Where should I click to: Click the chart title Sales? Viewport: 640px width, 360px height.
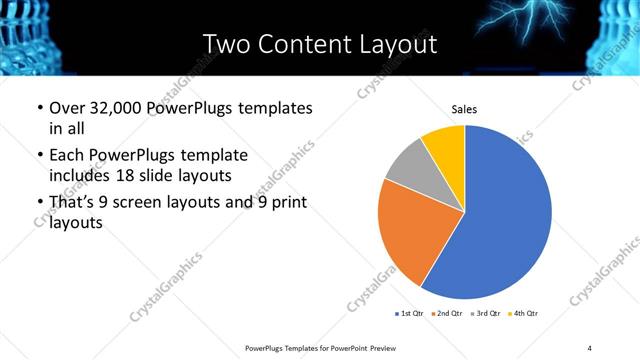click(x=464, y=108)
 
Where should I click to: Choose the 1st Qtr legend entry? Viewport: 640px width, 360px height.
click(x=410, y=314)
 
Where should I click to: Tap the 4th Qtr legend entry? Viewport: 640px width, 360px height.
click(x=526, y=314)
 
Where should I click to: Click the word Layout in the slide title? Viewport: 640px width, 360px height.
click(x=394, y=45)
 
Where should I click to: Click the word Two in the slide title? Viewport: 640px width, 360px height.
click(x=226, y=45)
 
